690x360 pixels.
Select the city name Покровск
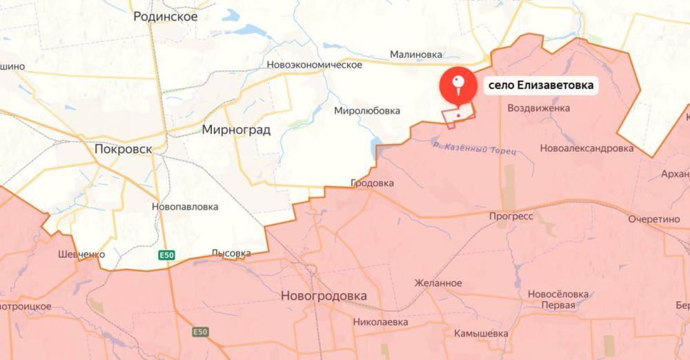point(124,148)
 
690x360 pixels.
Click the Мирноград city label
point(236,129)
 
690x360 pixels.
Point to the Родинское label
point(166,17)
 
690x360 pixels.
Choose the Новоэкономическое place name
point(315,65)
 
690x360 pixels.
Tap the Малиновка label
point(416,53)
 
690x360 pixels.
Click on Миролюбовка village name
point(367,110)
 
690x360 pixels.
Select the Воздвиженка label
point(539,108)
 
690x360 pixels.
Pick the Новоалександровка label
point(586,148)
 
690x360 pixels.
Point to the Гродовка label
point(372,183)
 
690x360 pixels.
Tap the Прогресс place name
point(511,216)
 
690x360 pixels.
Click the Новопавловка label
point(186,206)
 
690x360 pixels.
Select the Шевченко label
point(81,254)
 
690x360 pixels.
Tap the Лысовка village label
point(231,253)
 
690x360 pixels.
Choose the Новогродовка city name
point(324,296)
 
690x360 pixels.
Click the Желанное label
point(438,283)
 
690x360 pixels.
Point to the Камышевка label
point(481,333)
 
